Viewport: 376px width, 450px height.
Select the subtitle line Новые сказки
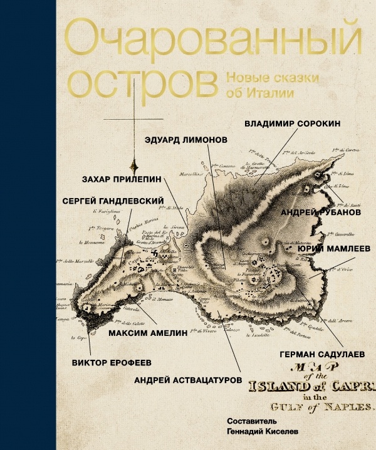pyautogui.click(x=272, y=78)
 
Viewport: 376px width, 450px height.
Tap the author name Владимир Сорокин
pyautogui.click(x=292, y=123)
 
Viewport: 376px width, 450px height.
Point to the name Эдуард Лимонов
pyautogui.click(x=185, y=140)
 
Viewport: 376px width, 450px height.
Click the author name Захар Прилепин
pyautogui.click(x=122, y=179)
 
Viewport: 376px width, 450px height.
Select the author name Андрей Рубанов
pyautogui.click(x=320, y=212)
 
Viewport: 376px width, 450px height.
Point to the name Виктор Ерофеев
pyautogui.click(x=112, y=362)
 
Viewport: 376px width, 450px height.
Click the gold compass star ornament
pyautogui.click(x=133, y=165)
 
